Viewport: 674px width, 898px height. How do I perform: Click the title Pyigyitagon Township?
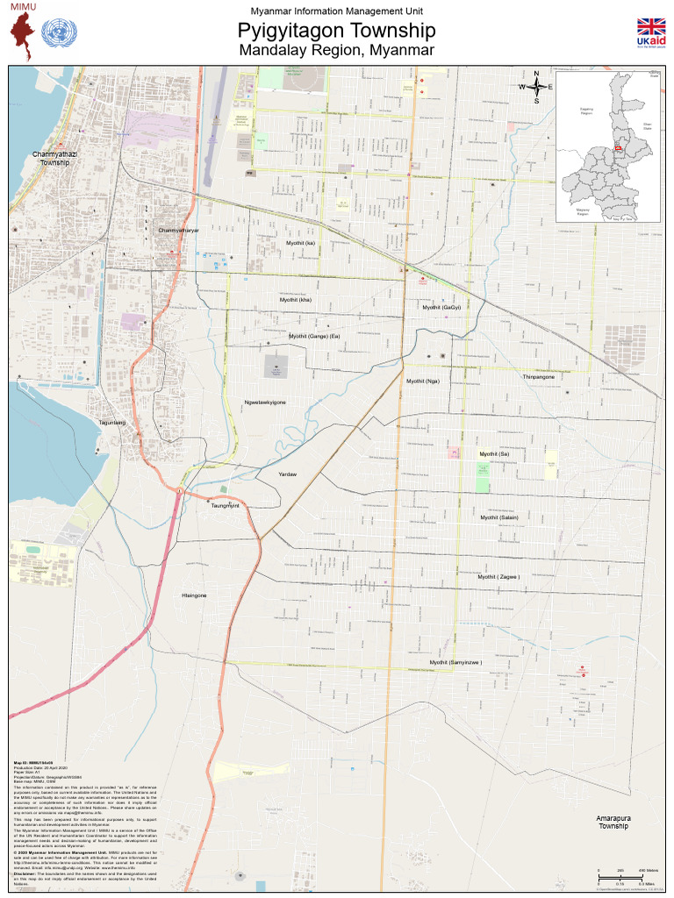336,32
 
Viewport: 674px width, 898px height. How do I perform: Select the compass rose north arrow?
536,86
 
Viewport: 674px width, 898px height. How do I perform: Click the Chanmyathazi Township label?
54,159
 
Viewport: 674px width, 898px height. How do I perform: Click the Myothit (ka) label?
300,243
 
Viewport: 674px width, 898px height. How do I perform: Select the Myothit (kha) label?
296,300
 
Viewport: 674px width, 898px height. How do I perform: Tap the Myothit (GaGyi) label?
441,308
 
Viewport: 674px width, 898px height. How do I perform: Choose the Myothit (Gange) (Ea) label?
314,336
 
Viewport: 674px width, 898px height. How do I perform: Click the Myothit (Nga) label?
422,381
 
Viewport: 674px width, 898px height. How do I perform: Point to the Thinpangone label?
539,377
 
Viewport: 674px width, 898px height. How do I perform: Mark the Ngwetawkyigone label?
265,403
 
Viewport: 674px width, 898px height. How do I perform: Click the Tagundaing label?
112,423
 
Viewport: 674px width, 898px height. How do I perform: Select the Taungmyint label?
226,506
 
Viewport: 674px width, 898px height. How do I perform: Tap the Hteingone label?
194,595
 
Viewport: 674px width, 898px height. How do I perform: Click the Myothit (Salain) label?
499,517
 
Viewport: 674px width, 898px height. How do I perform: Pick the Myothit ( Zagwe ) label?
498,577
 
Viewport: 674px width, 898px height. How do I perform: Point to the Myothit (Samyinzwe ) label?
455,663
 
